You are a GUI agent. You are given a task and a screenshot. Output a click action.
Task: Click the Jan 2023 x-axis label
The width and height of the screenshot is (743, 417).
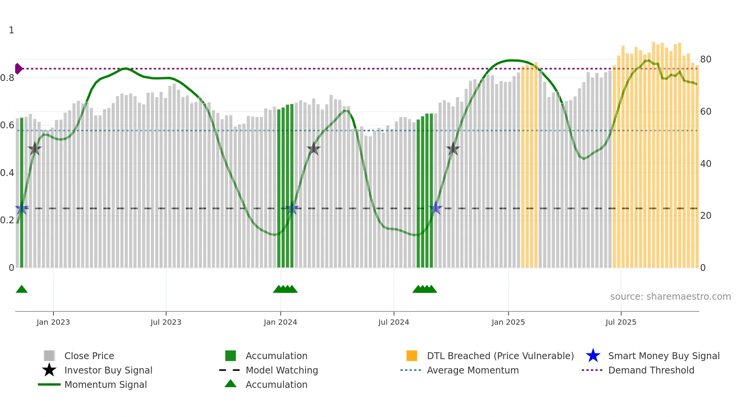[53, 322]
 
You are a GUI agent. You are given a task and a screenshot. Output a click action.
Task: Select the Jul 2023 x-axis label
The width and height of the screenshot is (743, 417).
[166, 322]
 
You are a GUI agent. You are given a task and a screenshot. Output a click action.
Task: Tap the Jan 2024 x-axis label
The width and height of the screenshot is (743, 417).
[280, 322]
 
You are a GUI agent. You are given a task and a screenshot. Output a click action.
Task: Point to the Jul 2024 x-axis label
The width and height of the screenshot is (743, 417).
[393, 322]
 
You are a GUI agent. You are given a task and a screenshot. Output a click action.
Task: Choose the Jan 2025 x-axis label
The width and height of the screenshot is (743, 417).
[508, 322]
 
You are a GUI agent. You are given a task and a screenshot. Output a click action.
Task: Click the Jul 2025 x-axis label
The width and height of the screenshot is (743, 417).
[621, 322]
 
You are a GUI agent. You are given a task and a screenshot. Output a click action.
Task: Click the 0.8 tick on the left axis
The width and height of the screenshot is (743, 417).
[8, 78]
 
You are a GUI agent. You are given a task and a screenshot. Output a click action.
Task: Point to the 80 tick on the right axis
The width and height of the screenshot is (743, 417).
[705, 59]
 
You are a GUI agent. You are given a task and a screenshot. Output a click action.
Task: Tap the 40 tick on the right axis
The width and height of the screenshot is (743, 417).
[705, 164]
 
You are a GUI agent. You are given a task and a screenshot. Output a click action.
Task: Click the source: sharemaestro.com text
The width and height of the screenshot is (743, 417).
[670, 296]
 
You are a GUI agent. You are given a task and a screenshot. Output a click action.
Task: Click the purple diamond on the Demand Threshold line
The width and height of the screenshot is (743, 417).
[18, 69]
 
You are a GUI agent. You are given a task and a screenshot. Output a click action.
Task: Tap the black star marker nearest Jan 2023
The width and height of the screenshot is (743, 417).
[35, 149]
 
